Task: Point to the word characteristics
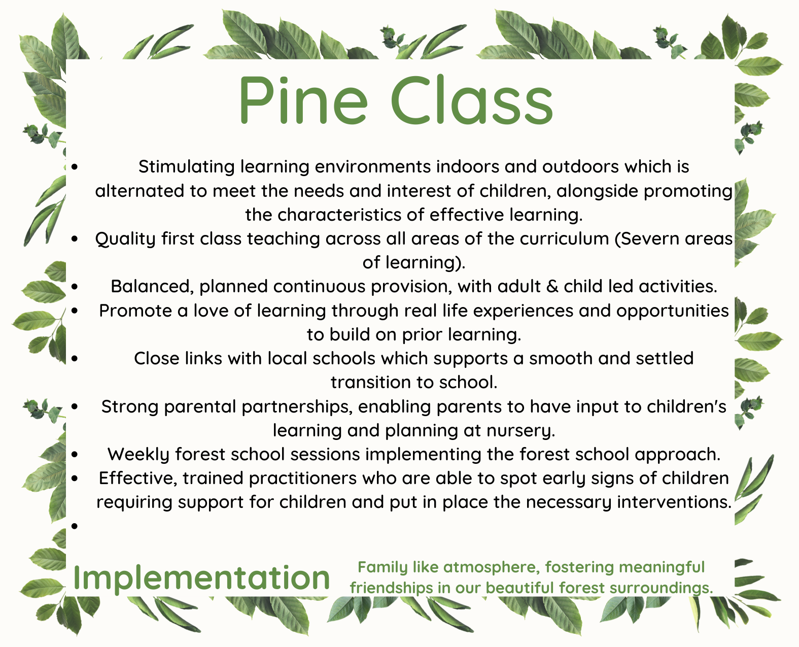[x=339, y=215]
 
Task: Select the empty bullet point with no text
[x=75, y=526]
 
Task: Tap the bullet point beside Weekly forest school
[x=75, y=454]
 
